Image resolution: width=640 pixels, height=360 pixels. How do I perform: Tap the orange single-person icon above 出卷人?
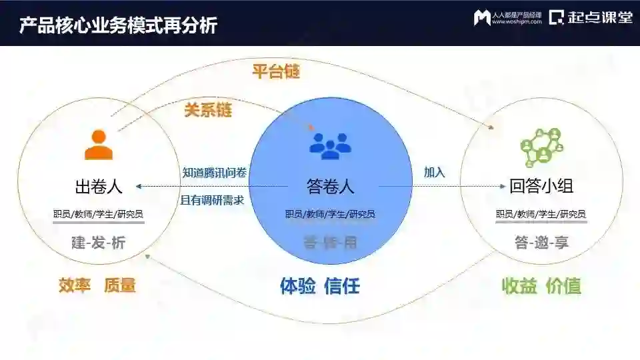click(x=98, y=145)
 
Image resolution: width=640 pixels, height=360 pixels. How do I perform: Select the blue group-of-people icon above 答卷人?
click(x=330, y=146)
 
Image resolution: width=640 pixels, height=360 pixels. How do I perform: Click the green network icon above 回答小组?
click(x=541, y=145)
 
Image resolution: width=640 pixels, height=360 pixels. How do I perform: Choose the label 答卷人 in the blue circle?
click(x=330, y=187)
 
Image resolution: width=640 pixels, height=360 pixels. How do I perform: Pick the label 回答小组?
click(x=541, y=187)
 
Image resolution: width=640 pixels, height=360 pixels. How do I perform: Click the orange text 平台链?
click(x=275, y=71)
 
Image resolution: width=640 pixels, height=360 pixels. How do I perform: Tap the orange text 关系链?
click(x=208, y=109)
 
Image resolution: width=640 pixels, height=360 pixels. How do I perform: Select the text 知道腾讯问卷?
click(x=215, y=173)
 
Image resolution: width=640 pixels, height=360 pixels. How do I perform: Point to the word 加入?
click(x=434, y=172)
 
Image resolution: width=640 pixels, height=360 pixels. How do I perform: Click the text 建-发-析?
click(x=98, y=243)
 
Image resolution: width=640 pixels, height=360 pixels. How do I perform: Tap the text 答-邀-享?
click(x=541, y=243)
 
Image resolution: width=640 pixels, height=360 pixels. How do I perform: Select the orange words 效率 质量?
click(x=97, y=286)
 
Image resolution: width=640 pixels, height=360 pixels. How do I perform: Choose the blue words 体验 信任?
click(x=320, y=287)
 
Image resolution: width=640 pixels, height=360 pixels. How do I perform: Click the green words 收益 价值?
click(x=541, y=286)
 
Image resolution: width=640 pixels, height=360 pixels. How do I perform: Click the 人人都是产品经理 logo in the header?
click(x=507, y=18)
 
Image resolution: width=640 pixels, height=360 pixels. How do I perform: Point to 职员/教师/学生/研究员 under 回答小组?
click(x=541, y=215)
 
